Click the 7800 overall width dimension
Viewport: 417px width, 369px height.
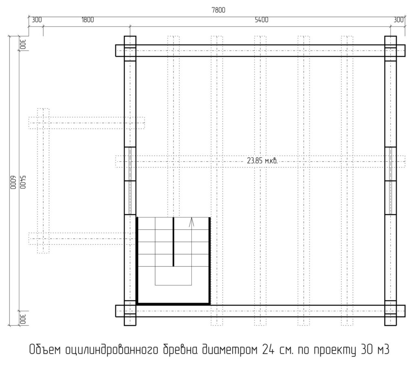pyautogui.click(x=218, y=10)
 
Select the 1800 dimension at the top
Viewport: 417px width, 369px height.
pyautogui.click(x=88, y=20)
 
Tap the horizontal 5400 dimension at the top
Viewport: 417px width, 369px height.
pyautogui.click(x=261, y=20)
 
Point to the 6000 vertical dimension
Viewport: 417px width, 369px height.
pyautogui.click(x=13, y=182)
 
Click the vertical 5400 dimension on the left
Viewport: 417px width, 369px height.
pyautogui.click(x=23, y=182)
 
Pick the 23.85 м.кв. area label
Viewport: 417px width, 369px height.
pyautogui.click(x=262, y=161)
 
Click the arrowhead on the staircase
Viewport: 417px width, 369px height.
pyautogui.click(x=191, y=222)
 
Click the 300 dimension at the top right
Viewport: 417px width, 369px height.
pyautogui.click(x=398, y=20)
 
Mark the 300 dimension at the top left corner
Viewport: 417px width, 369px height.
pyautogui.click(x=37, y=20)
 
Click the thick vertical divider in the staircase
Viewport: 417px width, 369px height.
pyautogui.click(x=173, y=242)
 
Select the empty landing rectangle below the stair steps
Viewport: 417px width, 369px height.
pyautogui.click(x=173, y=276)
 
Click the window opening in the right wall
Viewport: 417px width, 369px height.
pyautogui.click(x=391, y=181)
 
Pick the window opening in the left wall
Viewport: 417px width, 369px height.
pyautogui.click(x=130, y=181)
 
